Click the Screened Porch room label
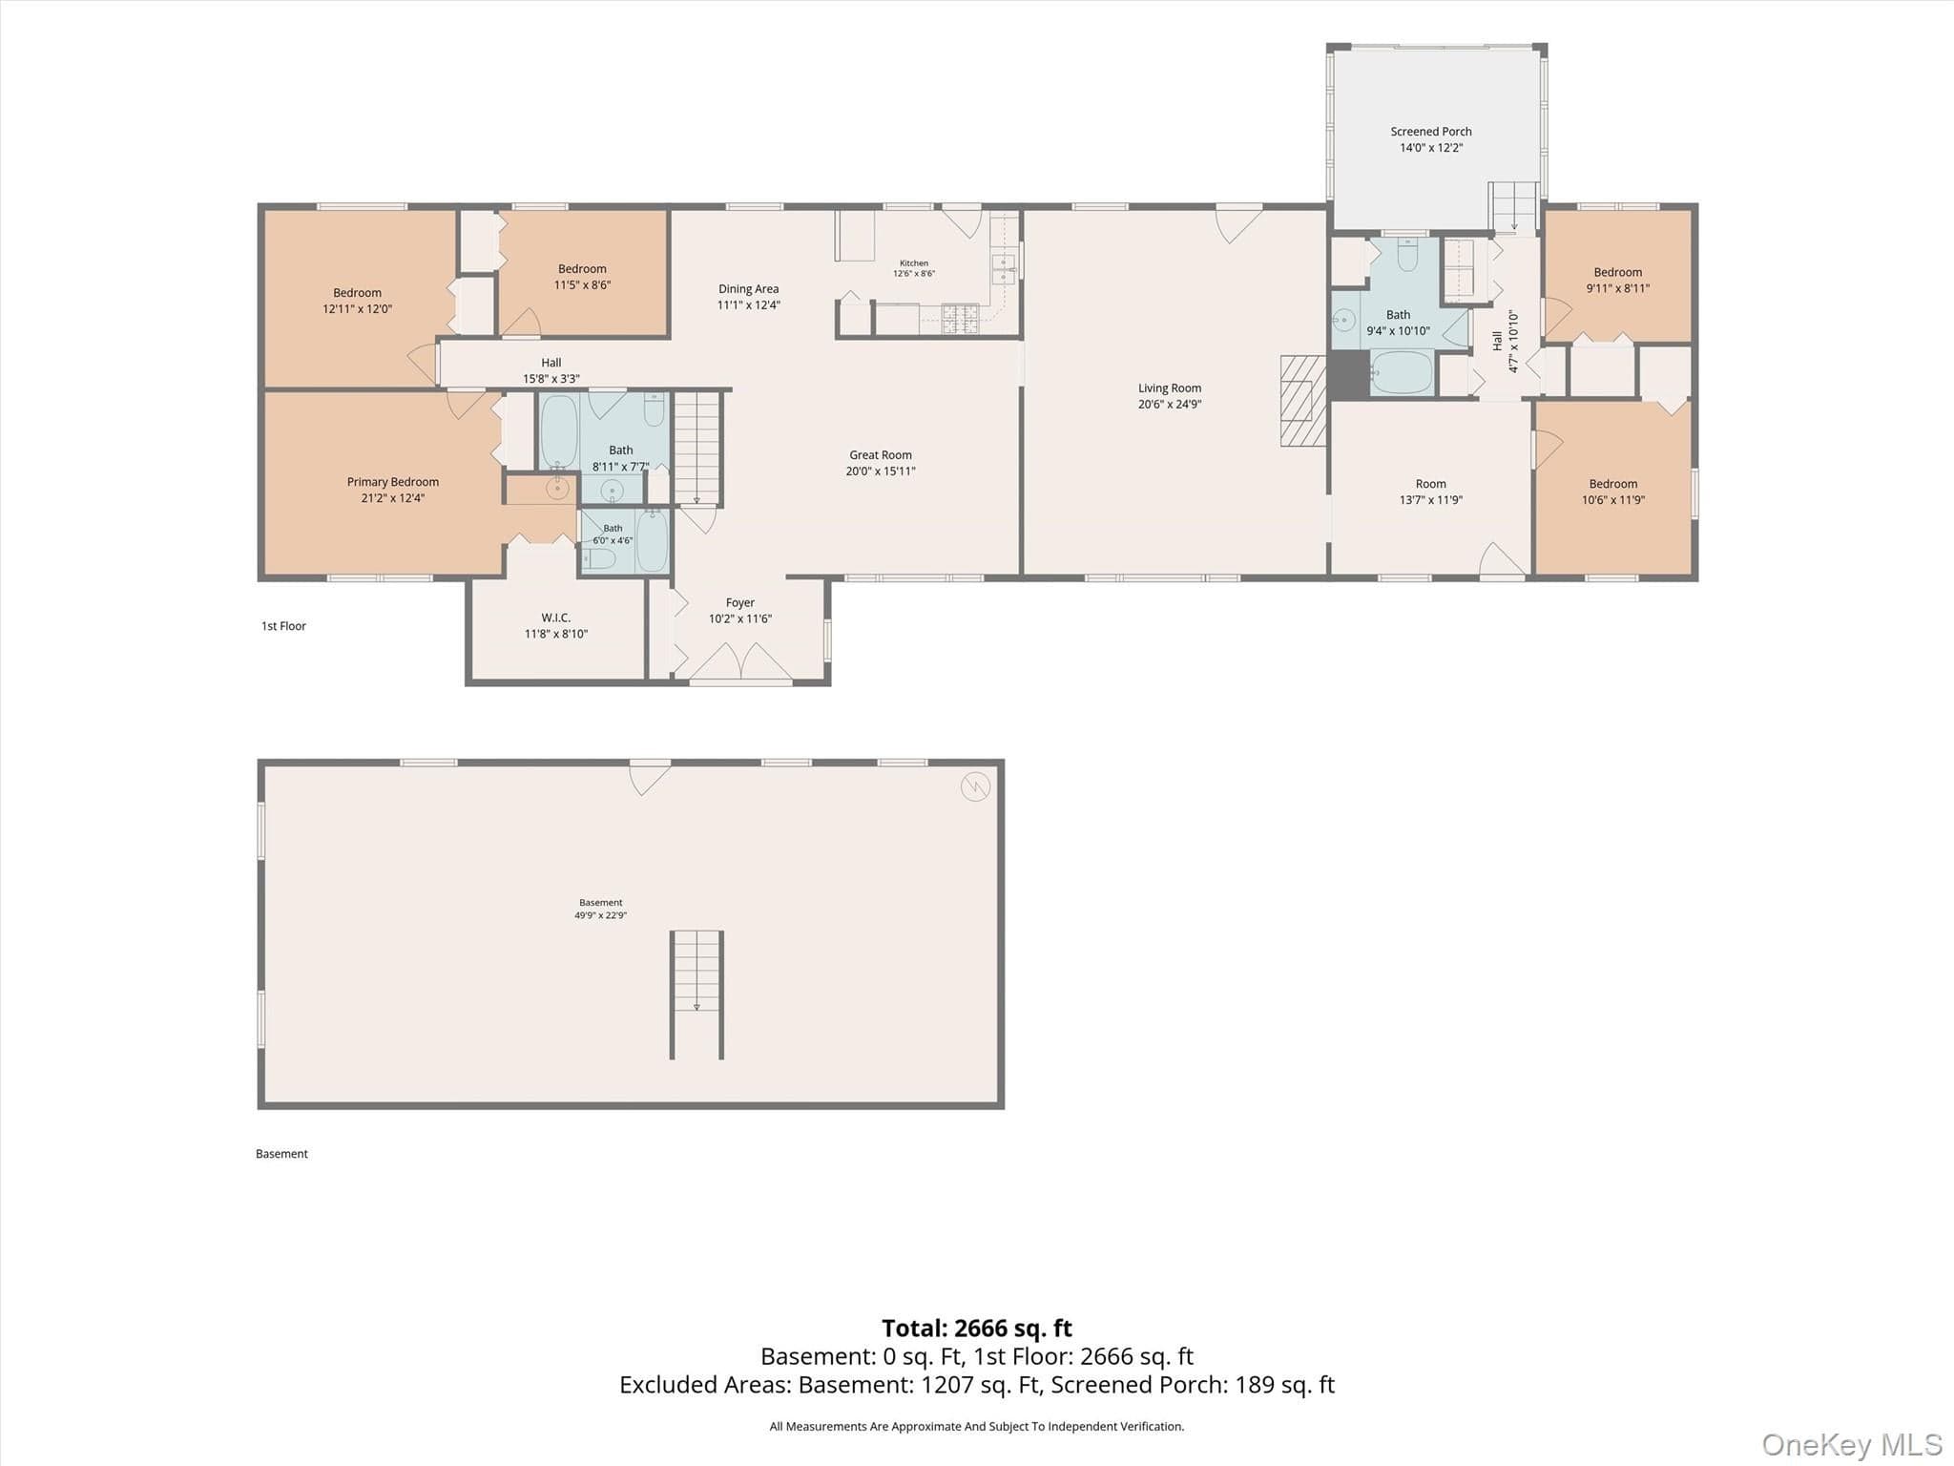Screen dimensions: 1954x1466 click(x=1430, y=132)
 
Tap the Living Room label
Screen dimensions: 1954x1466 click(x=1169, y=388)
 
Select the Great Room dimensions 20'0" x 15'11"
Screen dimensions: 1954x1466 click(x=881, y=471)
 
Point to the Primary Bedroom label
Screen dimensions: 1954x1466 click(x=393, y=482)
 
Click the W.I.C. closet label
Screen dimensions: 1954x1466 click(x=555, y=618)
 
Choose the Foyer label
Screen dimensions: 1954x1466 click(x=740, y=602)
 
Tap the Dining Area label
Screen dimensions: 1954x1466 click(x=749, y=289)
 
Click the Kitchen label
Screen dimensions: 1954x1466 click(x=914, y=263)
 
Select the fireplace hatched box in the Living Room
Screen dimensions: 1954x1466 click(x=1303, y=401)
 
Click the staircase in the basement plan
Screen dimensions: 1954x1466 click(x=696, y=995)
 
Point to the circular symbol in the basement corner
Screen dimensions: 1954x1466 click(x=975, y=787)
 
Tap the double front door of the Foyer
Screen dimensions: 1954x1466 click(x=740, y=662)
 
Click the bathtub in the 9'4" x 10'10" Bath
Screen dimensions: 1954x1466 click(x=1401, y=372)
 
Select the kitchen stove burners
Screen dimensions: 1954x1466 click(x=961, y=319)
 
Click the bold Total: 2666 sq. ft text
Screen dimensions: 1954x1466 click(x=977, y=1328)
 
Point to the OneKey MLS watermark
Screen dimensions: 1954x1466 click(x=1852, y=1445)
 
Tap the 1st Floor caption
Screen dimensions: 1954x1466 click(x=283, y=626)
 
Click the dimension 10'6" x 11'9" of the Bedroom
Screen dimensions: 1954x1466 click(x=1613, y=500)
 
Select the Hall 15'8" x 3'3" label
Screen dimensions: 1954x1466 click(x=551, y=370)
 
